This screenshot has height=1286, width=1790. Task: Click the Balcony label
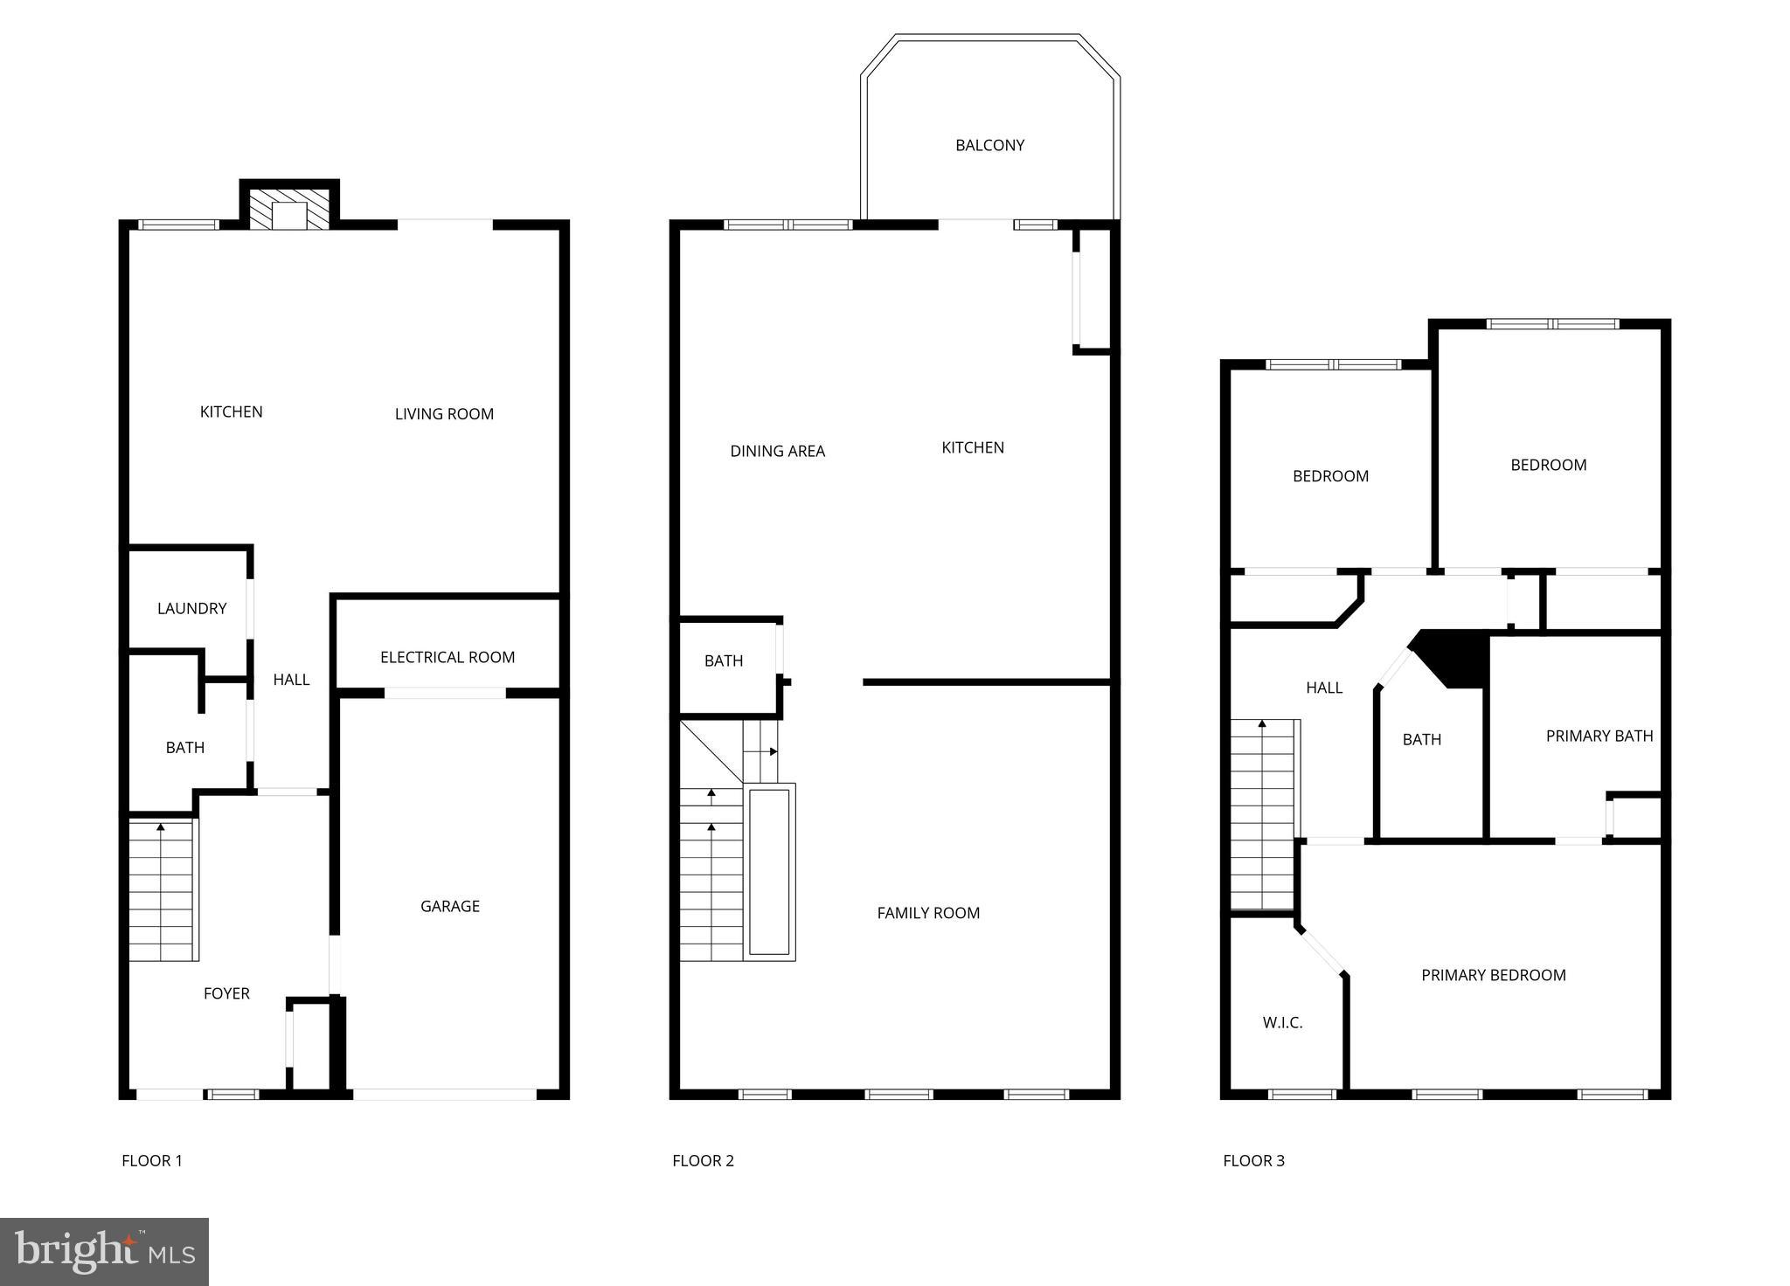pyautogui.click(x=989, y=145)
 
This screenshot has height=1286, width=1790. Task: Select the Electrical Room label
pyautogui.click(x=447, y=657)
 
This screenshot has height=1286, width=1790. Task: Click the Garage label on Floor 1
pyautogui.click(x=450, y=906)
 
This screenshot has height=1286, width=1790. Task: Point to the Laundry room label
pyautogui.click(x=191, y=608)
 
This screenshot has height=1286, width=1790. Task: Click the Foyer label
pyautogui.click(x=226, y=993)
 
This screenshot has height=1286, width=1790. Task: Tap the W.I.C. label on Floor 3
pyautogui.click(x=1282, y=1022)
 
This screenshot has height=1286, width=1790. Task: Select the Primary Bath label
pyautogui.click(x=1599, y=736)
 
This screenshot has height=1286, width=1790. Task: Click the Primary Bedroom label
pyautogui.click(x=1493, y=975)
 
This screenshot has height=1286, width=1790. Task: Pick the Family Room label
pyautogui.click(x=928, y=913)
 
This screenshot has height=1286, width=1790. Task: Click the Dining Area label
pyautogui.click(x=777, y=451)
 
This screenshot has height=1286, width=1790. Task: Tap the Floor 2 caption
pyautogui.click(x=703, y=1160)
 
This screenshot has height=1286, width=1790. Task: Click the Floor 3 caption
pyautogui.click(x=1253, y=1160)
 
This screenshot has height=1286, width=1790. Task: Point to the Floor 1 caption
pyautogui.click(x=152, y=1160)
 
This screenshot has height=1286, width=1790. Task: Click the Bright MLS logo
pyautogui.click(x=104, y=1252)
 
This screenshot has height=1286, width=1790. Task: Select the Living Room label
pyautogui.click(x=444, y=414)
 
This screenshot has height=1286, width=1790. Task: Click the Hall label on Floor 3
pyautogui.click(x=1323, y=688)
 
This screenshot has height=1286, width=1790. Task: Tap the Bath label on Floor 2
pyautogui.click(x=724, y=660)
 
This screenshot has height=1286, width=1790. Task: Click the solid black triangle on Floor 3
pyautogui.click(x=1454, y=656)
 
